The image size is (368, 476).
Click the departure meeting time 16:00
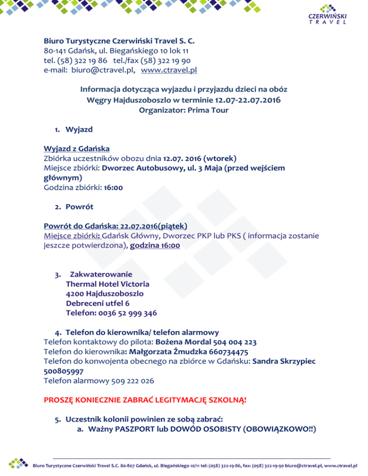(x=113, y=188)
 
